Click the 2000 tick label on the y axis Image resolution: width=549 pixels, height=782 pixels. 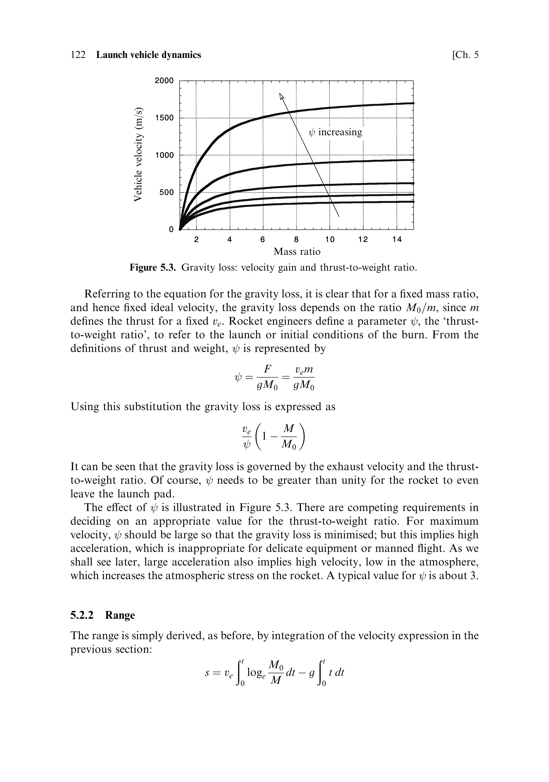point(164,81)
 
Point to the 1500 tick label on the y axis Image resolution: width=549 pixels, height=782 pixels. point(164,118)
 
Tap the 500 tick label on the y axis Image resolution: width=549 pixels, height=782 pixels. point(166,192)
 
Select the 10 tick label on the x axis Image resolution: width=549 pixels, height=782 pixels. point(329,240)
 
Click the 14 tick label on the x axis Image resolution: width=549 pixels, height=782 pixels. point(396,240)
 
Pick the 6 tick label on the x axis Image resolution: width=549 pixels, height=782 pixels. point(263,240)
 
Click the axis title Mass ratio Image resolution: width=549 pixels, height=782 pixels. point(297,252)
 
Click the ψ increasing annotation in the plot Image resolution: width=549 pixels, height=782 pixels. point(335,132)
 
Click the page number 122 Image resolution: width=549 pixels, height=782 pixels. point(78,55)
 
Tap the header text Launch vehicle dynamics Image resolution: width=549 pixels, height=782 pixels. point(149,55)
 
